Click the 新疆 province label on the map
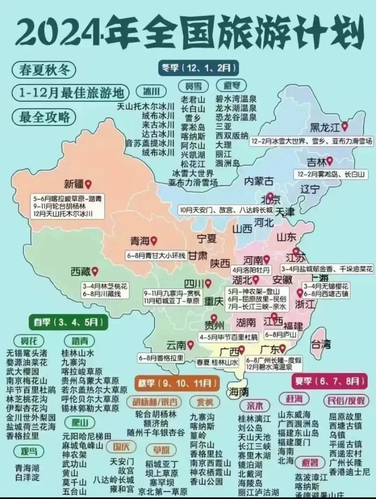tap(74, 183)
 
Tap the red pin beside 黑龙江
tap(345, 126)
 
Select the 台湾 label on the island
tap(321, 345)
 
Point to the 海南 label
tap(239, 392)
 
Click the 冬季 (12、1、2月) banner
tap(199, 68)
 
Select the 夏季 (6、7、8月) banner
tap(329, 381)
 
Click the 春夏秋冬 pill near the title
tap(44, 70)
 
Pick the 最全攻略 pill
tap(44, 117)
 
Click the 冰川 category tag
tap(151, 91)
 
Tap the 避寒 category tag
tap(231, 85)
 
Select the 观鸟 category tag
tap(28, 452)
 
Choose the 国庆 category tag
tap(120, 446)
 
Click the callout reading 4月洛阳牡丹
tap(251, 270)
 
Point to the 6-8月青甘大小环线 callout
tap(156, 255)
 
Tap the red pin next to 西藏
tap(94, 271)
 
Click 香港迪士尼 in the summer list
tap(349, 472)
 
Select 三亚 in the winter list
tap(223, 126)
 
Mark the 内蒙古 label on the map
tap(258, 181)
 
